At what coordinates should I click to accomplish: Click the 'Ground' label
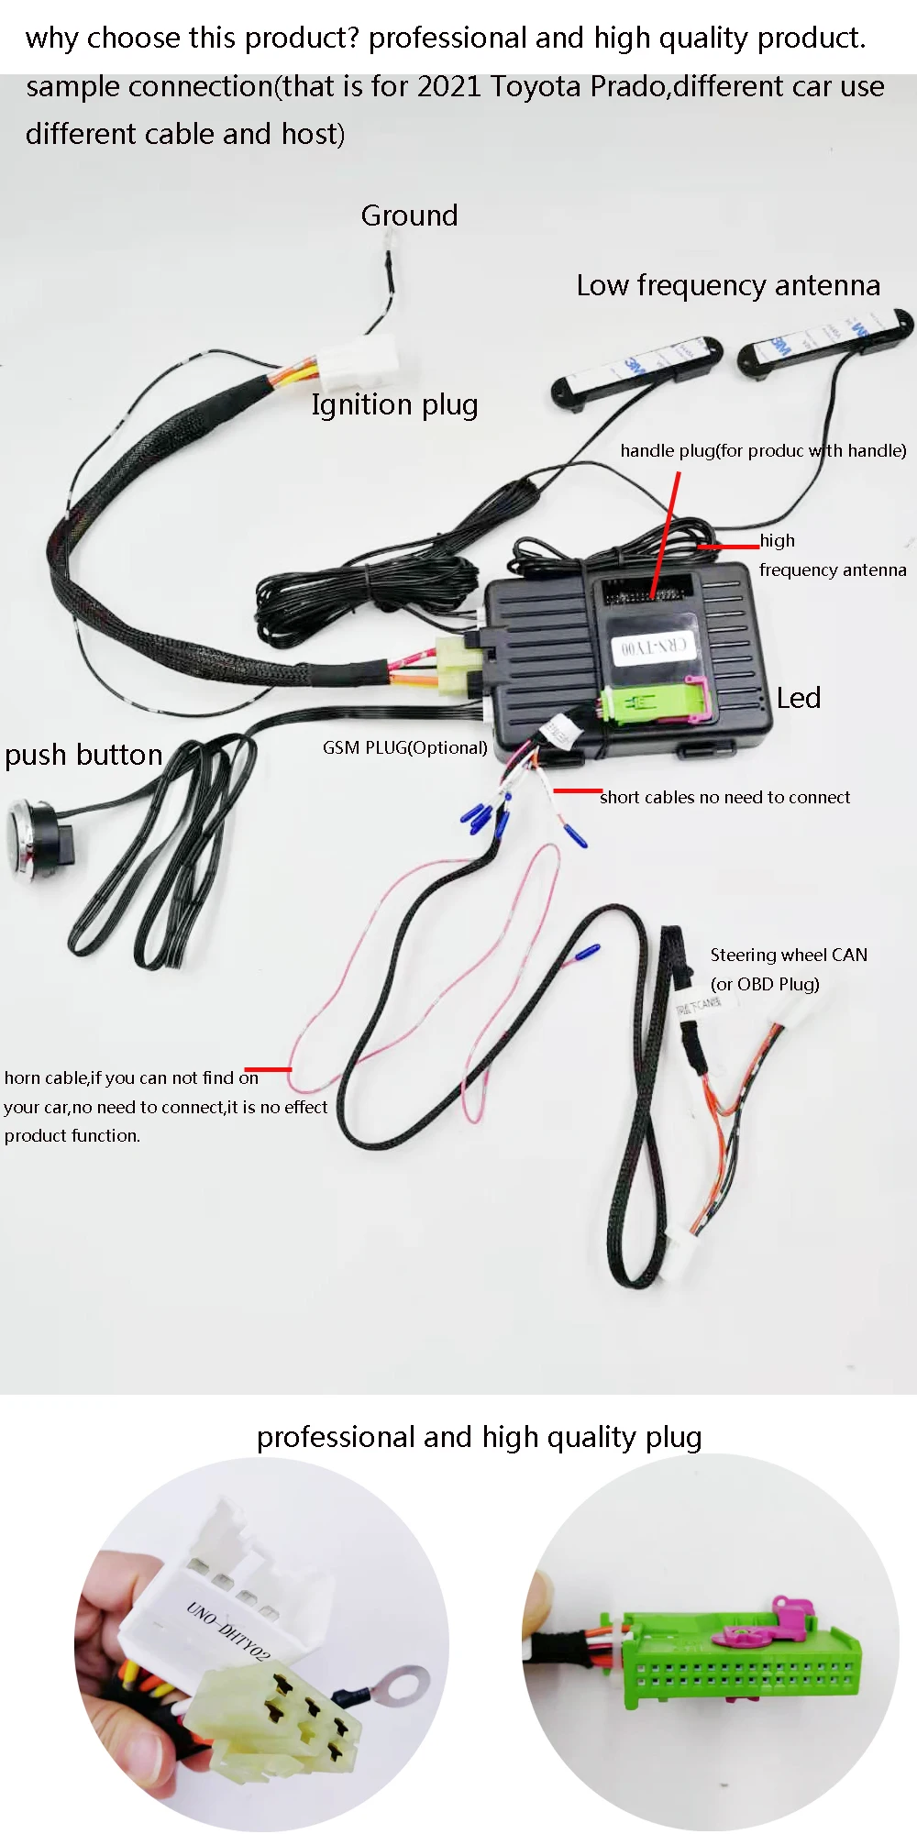click(409, 215)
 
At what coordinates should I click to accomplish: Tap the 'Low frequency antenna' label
click(728, 285)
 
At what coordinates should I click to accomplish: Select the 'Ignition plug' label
click(394, 404)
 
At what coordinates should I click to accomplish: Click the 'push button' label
click(83, 755)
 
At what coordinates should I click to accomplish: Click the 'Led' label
click(798, 698)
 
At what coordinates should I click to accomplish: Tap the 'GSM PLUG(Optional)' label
click(404, 747)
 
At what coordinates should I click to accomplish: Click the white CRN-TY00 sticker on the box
click(652, 646)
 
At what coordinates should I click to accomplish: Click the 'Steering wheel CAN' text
click(789, 955)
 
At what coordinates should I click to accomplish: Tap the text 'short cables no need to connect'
click(724, 797)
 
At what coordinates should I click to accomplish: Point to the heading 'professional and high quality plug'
click(479, 1437)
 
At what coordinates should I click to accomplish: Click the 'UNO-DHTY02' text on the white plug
click(229, 1631)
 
